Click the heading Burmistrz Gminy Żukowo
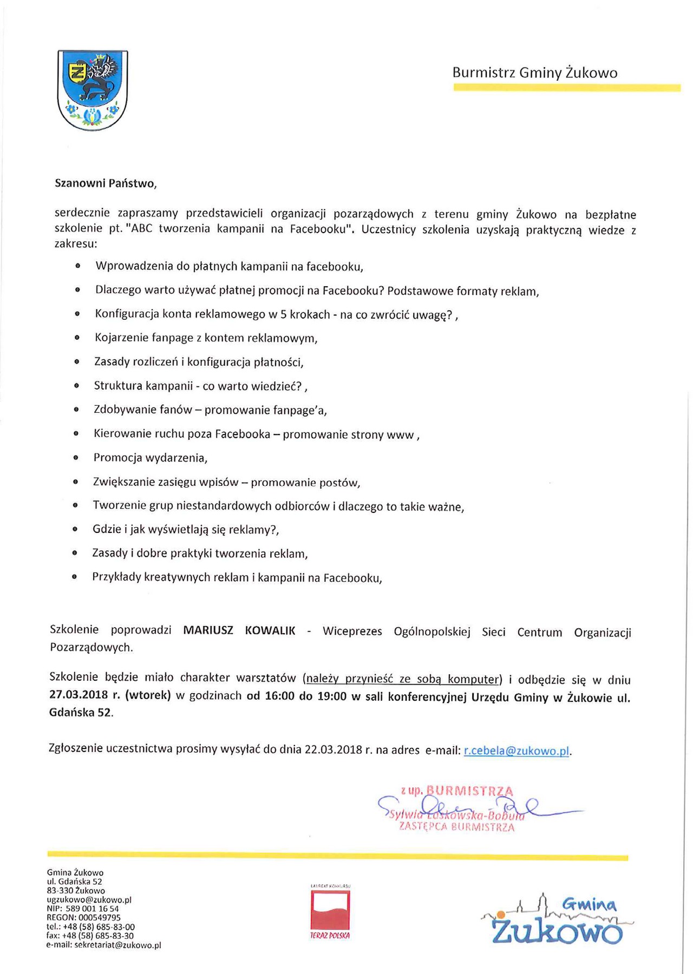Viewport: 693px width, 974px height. tap(534, 73)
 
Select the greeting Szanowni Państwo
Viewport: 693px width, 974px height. tap(106, 183)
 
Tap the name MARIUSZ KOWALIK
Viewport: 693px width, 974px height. tap(239, 630)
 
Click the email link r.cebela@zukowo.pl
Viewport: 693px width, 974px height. tap(517, 751)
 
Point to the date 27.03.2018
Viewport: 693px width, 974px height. tap(79, 695)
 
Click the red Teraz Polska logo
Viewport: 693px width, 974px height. tap(330, 911)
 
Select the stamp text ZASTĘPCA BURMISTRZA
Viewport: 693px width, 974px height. tap(456, 827)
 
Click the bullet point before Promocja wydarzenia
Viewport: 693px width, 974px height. tap(76, 458)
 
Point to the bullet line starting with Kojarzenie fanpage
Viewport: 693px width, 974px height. tap(206, 338)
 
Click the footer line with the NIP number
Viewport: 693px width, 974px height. tap(83, 909)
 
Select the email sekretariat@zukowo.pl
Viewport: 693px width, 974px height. tap(117, 945)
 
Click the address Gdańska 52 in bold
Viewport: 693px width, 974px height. tap(81, 713)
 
